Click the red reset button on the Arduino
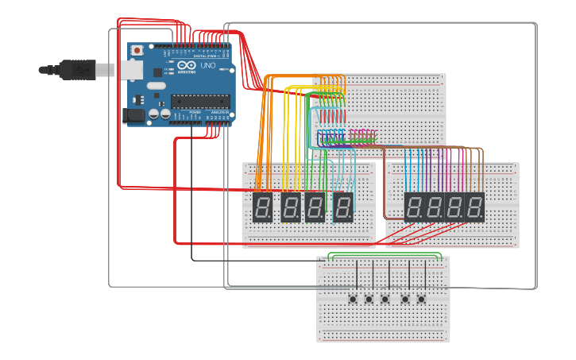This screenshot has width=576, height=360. (x=137, y=50)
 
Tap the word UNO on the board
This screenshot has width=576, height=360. (x=207, y=66)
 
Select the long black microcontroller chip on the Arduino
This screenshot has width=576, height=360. (x=201, y=101)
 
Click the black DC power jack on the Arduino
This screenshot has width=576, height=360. (x=136, y=116)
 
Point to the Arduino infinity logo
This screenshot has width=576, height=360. (x=185, y=65)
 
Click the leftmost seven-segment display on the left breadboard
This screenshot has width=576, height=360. (x=263, y=207)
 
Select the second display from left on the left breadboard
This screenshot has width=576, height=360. (x=291, y=207)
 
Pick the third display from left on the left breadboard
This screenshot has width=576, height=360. (x=315, y=207)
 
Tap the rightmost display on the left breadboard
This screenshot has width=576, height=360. (x=343, y=207)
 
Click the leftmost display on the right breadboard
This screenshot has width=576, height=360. (x=415, y=207)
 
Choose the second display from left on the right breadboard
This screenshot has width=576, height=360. (x=435, y=207)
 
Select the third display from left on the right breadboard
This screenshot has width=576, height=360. (x=455, y=207)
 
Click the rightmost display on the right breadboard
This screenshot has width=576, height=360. (x=475, y=207)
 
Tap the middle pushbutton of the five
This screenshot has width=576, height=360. (x=385, y=299)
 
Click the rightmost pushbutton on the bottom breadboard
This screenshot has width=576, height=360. (x=421, y=299)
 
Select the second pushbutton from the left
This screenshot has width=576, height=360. (x=369, y=299)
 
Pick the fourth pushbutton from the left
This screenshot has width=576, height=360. (x=405, y=299)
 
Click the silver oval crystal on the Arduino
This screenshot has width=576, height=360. (x=157, y=85)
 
